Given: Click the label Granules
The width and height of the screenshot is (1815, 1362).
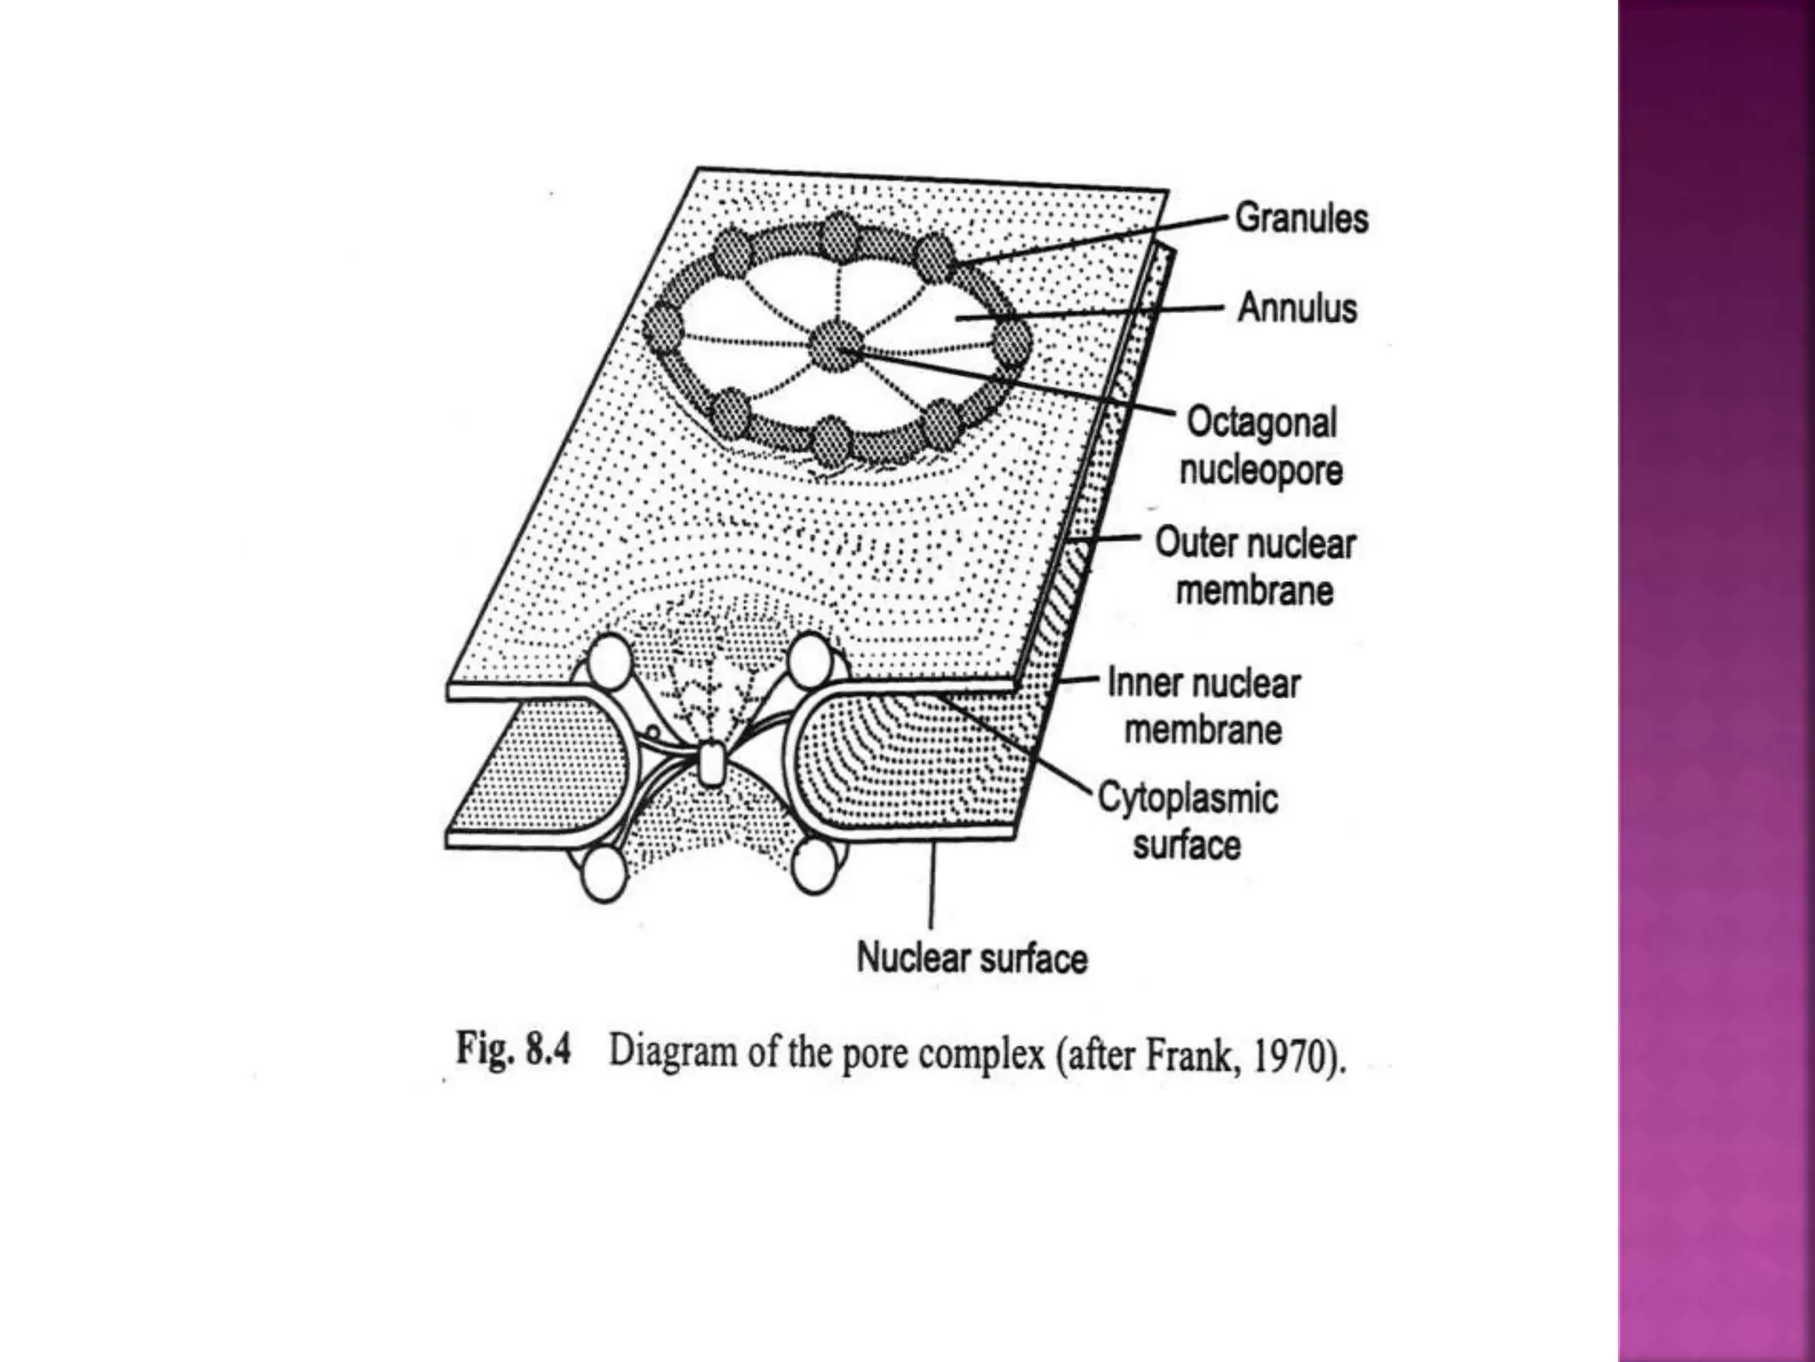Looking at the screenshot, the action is [x=1301, y=218].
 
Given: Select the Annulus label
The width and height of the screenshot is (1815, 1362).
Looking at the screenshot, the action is [x=1297, y=308].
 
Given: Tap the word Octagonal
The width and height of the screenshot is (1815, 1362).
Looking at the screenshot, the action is [x=1261, y=422].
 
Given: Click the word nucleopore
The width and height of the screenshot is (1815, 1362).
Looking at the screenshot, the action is [x=1260, y=470].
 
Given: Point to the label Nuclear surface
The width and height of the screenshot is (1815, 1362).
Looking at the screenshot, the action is [x=971, y=959].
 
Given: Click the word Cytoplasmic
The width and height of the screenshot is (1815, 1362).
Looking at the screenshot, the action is [x=1188, y=798].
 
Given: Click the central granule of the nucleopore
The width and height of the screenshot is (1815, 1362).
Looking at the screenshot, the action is [x=837, y=346].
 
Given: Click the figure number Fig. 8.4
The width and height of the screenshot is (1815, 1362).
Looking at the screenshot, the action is [x=513, y=1051].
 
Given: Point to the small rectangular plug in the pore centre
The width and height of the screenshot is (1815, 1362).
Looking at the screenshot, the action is [x=711, y=764].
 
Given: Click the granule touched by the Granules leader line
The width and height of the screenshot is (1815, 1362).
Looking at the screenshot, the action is [x=936, y=257].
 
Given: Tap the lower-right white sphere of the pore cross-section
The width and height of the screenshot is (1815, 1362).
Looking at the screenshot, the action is [x=814, y=866].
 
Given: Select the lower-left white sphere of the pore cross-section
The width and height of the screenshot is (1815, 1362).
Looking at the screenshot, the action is [x=604, y=873].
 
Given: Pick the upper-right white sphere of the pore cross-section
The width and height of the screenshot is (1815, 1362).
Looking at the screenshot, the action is [x=810, y=659].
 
